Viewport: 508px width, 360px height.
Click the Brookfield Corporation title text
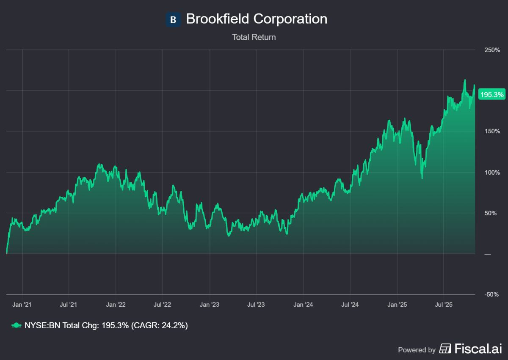(256, 19)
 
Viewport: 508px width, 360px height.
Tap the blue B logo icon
(173, 19)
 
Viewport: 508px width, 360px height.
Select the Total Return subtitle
(254, 37)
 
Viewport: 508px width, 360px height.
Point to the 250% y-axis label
(492, 50)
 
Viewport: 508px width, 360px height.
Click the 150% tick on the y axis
(492, 132)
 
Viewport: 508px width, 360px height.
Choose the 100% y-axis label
(492, 173)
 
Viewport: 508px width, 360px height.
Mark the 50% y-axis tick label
(493, 213)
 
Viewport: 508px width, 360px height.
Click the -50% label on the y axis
(492, 294)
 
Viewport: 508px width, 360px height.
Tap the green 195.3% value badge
(492, 95)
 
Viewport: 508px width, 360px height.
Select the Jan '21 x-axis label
(22, 304)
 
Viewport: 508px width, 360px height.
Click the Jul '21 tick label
(68, 304)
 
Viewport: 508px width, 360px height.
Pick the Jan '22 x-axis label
(116, 304)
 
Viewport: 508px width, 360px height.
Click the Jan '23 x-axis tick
(210, 304)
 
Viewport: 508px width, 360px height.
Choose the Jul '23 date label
(256, 304)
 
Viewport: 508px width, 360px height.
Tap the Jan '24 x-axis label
(303, 304)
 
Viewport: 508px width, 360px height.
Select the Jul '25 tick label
(443, 304)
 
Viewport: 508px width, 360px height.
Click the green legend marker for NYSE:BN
(16, 325)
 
